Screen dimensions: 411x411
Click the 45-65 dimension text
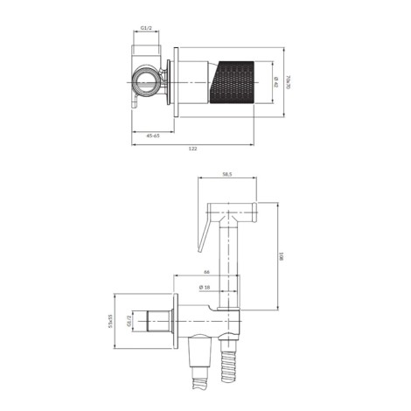click(x=152, y=136)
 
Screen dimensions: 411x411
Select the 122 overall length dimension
click(x=192, y=149)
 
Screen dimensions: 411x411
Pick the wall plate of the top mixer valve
click(x=178, y=82)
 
